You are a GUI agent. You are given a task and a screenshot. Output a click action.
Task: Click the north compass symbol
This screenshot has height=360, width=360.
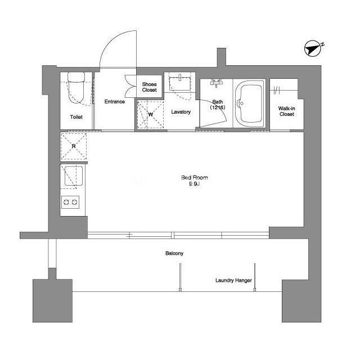[313, 48]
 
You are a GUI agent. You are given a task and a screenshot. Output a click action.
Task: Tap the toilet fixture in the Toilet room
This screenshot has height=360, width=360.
[76, 87]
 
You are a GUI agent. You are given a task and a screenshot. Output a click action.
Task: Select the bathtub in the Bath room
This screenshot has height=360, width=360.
[249, 103]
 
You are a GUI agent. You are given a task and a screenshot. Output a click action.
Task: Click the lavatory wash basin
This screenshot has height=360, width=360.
[180, 83]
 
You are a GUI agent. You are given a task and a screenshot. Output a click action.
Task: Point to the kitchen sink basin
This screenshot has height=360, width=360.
[74, 176]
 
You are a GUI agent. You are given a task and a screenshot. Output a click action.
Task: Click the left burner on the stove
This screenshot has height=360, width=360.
[66, 202]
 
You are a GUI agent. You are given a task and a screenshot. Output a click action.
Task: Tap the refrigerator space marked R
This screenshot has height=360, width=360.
[74, 146]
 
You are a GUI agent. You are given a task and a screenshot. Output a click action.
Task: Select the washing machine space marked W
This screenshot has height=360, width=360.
[150, 114]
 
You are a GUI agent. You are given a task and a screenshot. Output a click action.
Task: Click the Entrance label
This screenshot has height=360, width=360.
[115, 101]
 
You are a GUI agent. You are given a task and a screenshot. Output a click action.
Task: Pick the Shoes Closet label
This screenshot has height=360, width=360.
[149, 87]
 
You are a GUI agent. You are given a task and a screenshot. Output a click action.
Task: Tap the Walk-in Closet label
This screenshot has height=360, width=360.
[286, 111]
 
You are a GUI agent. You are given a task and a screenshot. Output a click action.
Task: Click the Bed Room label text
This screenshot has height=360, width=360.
[195, 178]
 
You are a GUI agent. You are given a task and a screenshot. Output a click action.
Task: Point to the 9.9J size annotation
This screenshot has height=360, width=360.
[195, 184]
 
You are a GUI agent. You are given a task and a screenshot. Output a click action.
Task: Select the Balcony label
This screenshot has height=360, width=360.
[174, 253]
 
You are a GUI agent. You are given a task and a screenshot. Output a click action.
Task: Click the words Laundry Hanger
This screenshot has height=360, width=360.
[233, 280]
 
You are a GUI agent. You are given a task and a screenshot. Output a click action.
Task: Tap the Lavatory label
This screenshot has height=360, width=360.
[181, 112]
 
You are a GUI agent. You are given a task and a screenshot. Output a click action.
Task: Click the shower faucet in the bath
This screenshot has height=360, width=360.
[217, 83]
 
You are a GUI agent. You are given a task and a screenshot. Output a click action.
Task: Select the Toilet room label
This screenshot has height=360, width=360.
[76, 117]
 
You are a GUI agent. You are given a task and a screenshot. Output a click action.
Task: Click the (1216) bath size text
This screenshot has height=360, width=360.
[218, 107]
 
